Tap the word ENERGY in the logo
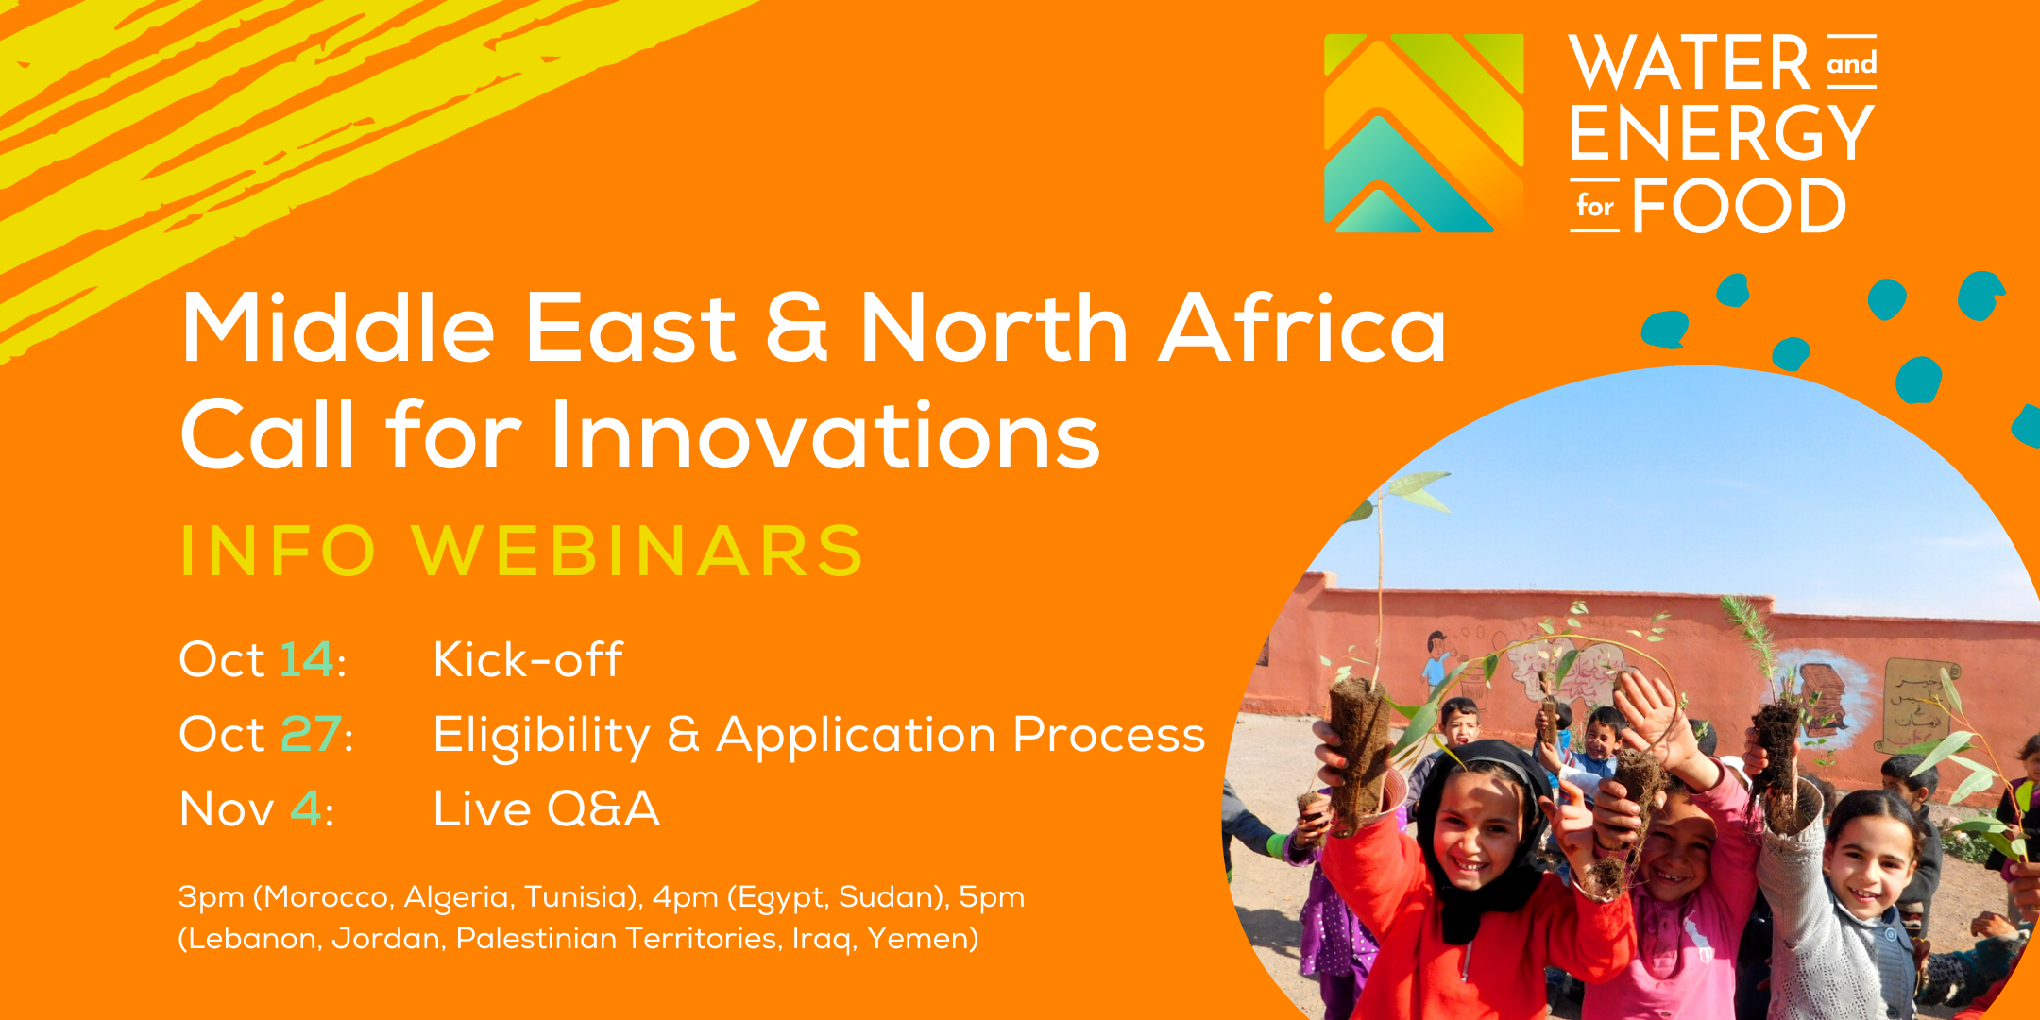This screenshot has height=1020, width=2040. (x=1722, y=133)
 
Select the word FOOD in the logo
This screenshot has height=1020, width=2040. (x=1739, y=205)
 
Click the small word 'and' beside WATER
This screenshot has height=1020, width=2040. (x=1851, y=64)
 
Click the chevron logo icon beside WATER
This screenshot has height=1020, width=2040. (x=1423, y=133)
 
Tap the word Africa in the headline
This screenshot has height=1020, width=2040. (x=1302, y=328)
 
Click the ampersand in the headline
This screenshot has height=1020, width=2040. (x=796, y=328)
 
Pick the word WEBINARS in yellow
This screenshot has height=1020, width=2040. (x=637, y=550)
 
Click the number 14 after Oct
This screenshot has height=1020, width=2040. (x=307, y=658)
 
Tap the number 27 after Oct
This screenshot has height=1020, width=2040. (x=312, y=734)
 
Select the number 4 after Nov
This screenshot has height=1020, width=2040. (x=305, y=808)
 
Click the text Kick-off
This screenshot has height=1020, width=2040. (x=528, y=658)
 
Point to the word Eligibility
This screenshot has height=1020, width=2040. (x=542, y=736)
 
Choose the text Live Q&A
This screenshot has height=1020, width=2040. (x=546, y=808)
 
